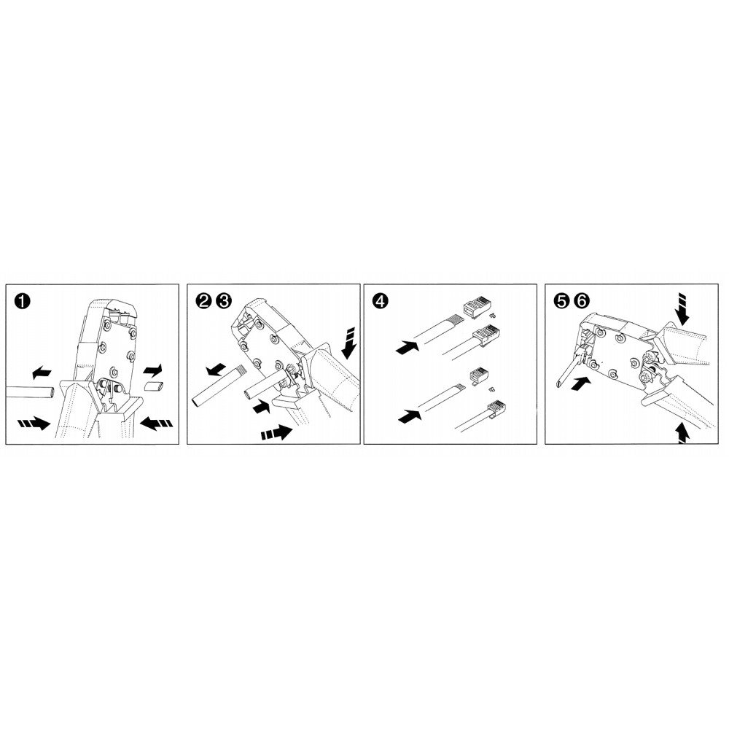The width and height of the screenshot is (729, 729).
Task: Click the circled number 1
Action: pos(23,301)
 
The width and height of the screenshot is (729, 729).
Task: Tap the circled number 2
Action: pos(203,301)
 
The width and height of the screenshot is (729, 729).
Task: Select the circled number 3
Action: pos(223,301)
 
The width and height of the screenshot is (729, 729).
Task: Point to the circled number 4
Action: pos(379,301)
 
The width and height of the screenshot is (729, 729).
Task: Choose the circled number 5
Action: pos(561,301)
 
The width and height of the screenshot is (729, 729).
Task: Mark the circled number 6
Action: pos(581,301)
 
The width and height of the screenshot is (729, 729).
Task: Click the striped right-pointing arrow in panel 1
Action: pos(34,423)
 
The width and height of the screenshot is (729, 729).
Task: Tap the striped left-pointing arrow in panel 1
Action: pos(156,423)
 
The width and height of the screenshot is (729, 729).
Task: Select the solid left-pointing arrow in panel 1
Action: pos(42,372)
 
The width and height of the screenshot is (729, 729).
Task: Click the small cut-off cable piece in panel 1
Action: pos(155,386)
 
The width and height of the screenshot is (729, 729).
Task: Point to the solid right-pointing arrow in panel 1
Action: pos(152,370)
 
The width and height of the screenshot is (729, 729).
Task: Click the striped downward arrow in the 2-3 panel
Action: pos(350,344)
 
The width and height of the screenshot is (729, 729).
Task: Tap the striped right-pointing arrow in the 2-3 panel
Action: pos(276,433)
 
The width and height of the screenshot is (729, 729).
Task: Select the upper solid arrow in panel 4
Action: pos(408,346)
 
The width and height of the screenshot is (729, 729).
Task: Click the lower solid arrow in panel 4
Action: pos(410,416)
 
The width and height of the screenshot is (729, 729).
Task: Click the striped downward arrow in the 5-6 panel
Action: pos(682,308)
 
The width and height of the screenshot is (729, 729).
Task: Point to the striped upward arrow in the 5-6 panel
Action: pos(682,432)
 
